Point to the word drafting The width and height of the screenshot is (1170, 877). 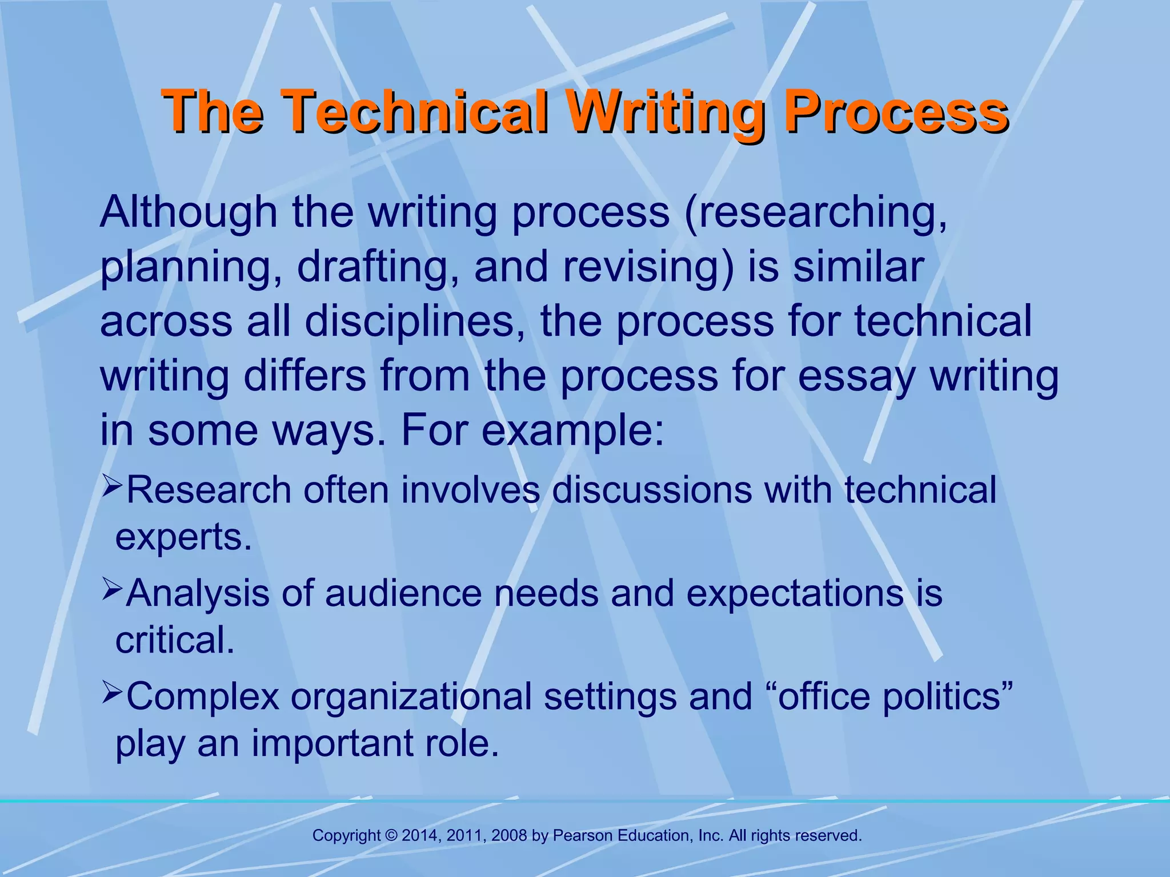tap(378, 267)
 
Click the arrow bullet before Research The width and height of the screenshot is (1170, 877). tap(113, 486)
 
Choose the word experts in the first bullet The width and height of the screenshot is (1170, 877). tap(183, 537)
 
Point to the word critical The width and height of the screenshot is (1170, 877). tap(175, 640)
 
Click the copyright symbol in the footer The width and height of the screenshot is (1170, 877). tap(391, 836)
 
